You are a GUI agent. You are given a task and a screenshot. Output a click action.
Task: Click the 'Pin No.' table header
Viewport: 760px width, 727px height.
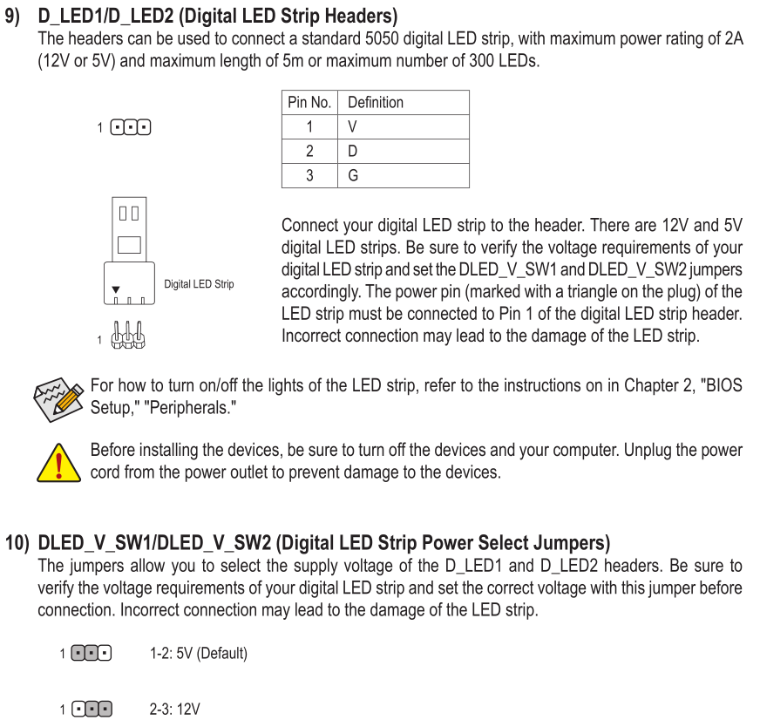tap(309, 102)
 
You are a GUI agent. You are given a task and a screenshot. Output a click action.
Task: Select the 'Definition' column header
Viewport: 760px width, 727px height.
tap(404, 102)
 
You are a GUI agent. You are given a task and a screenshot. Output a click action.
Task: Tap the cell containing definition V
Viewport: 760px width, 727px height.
tap(404, 127)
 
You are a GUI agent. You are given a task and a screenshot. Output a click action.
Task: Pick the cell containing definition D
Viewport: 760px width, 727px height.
tap(404, 151)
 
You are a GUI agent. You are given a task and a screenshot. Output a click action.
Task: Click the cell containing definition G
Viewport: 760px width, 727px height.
tap(404, 175)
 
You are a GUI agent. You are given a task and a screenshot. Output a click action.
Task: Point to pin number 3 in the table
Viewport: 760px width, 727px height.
tap(309, 175)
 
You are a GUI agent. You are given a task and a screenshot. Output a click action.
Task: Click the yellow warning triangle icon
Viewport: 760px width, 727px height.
tap(58, 464)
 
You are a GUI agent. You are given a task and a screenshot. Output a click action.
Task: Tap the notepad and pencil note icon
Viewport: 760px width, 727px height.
tap(58, 399)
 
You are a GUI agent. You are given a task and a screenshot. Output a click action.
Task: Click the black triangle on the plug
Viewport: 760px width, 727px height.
tap(116, 289)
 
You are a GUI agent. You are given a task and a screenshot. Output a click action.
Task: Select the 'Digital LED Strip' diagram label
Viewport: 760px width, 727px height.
tap(199, 284)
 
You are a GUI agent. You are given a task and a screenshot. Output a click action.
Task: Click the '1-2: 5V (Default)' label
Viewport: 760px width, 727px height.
tap(199, 653)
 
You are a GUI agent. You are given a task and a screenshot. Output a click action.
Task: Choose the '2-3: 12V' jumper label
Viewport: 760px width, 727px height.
tap(174, 710)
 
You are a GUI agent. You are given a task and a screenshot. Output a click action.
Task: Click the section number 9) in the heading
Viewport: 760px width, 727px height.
tap(12, 16)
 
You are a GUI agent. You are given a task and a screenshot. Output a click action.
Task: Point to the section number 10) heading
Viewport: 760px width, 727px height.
tap(17, 543)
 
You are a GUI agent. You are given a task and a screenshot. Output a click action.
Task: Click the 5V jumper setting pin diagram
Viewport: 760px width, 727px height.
tap(92, 653)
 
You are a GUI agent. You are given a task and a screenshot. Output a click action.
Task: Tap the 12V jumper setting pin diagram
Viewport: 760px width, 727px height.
tap(92, 710)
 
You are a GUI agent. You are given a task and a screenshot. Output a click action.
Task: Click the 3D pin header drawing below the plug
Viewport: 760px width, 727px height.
tap(128, 335)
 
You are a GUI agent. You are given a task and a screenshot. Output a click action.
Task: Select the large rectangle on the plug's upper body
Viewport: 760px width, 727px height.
tap(129, 245)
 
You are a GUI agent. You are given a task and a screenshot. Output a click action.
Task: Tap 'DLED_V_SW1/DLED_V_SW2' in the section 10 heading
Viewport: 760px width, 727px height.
tap(154, 543)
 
